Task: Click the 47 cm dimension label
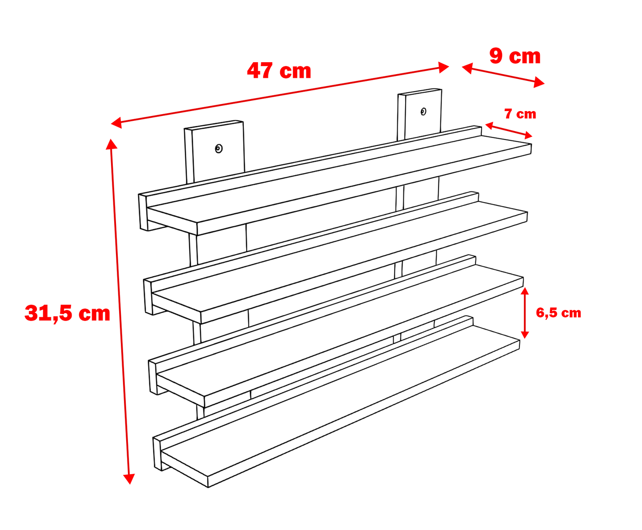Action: pos(279,71)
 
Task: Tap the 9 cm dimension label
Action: pos(514,56)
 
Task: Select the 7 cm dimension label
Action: pos(520,114)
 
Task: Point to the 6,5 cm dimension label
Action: pos(558,313)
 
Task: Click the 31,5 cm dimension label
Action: pos(68,313)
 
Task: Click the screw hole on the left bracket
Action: pos(219,149)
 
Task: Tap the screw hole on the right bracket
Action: pos(423,112)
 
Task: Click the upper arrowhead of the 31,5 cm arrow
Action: pos(112,144)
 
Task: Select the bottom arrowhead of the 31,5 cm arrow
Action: pos(129,478)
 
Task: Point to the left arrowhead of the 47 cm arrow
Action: pos(116,123)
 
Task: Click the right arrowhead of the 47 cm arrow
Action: pos(443,68)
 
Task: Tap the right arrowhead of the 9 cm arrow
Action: pos(538,82)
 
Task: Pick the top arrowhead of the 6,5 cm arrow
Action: pos(525,291)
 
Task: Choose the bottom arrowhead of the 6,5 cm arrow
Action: pos(525,335)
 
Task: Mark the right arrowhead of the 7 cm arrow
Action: pos(528,135)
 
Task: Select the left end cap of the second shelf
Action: pos(148,297)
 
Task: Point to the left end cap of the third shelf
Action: pos(153,378)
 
